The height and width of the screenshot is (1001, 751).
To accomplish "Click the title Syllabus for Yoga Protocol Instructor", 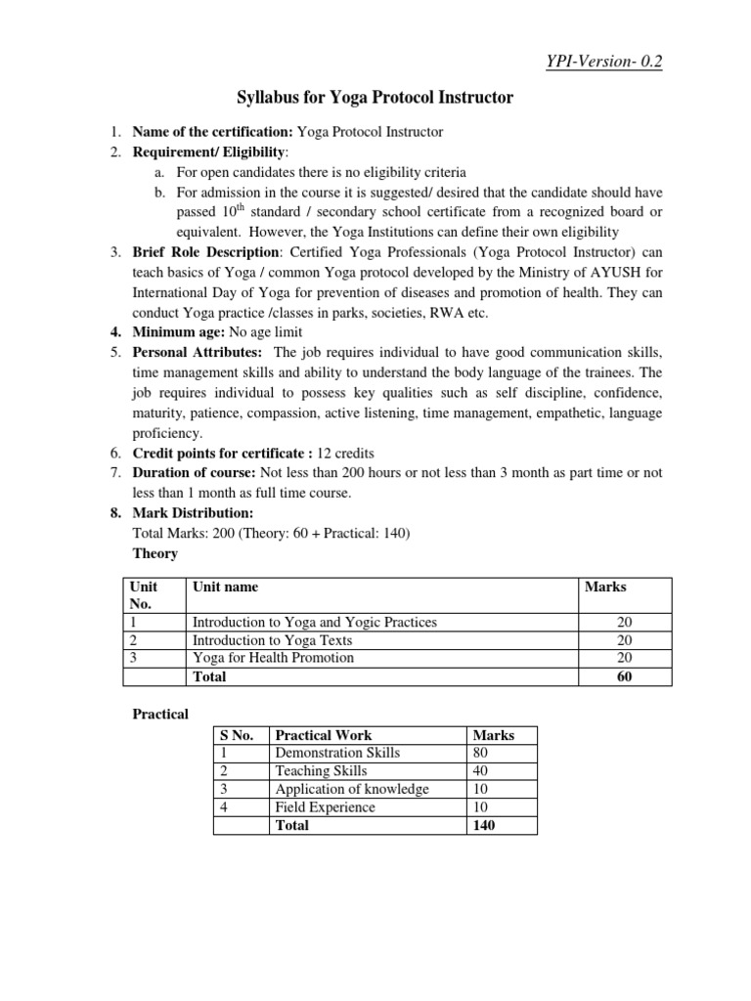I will [376, 98].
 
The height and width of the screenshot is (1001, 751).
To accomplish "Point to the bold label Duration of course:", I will [195, 473].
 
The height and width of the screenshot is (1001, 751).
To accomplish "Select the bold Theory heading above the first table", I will [155, 553].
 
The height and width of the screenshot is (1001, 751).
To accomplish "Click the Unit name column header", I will [226, 587].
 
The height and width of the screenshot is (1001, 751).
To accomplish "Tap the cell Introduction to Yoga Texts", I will [272, 640].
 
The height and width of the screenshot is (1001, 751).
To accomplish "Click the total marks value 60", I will [624, 676].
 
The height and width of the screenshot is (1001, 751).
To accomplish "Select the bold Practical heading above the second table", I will [160, 714].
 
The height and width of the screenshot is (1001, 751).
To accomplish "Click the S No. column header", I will [239, 735].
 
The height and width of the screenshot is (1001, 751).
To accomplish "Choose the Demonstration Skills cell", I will [337, 753].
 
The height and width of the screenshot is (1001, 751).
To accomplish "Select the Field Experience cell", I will [325, 807].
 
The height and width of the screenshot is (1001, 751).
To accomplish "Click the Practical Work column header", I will [324, 735].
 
